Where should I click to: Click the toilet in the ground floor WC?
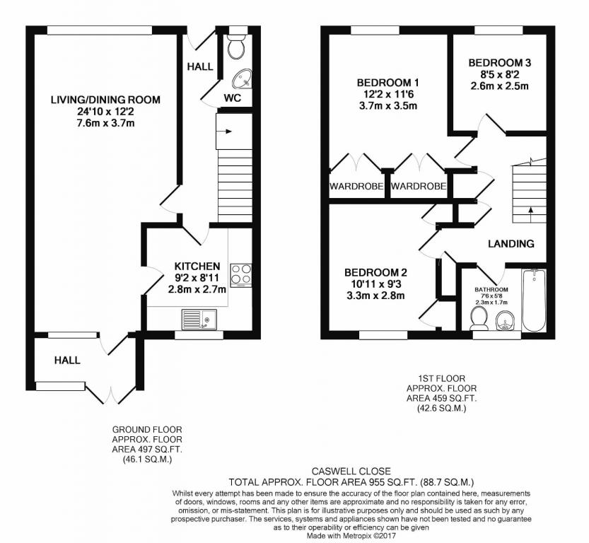(236, 47)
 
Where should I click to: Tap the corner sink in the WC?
(243, 79)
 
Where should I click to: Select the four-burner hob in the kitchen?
(241, 276)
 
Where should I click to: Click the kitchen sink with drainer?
(199, 319)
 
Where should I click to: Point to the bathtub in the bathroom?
(533, 300)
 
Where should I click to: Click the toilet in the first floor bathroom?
(479, 318)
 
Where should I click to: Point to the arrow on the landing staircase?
(530, 213)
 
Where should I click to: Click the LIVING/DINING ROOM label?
(105, 100)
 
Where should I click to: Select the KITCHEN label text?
(197, 267)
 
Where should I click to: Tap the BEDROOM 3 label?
(500, 63)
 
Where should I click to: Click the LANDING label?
(511, 244)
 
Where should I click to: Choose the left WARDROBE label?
(356, 186)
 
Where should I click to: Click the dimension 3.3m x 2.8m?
(375, 296)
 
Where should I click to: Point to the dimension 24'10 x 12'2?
(105, 112)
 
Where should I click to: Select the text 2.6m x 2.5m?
(500, 86)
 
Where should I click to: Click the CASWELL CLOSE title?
(351, 471)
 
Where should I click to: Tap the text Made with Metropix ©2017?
(351, 536)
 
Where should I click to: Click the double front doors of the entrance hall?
(111, 395)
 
